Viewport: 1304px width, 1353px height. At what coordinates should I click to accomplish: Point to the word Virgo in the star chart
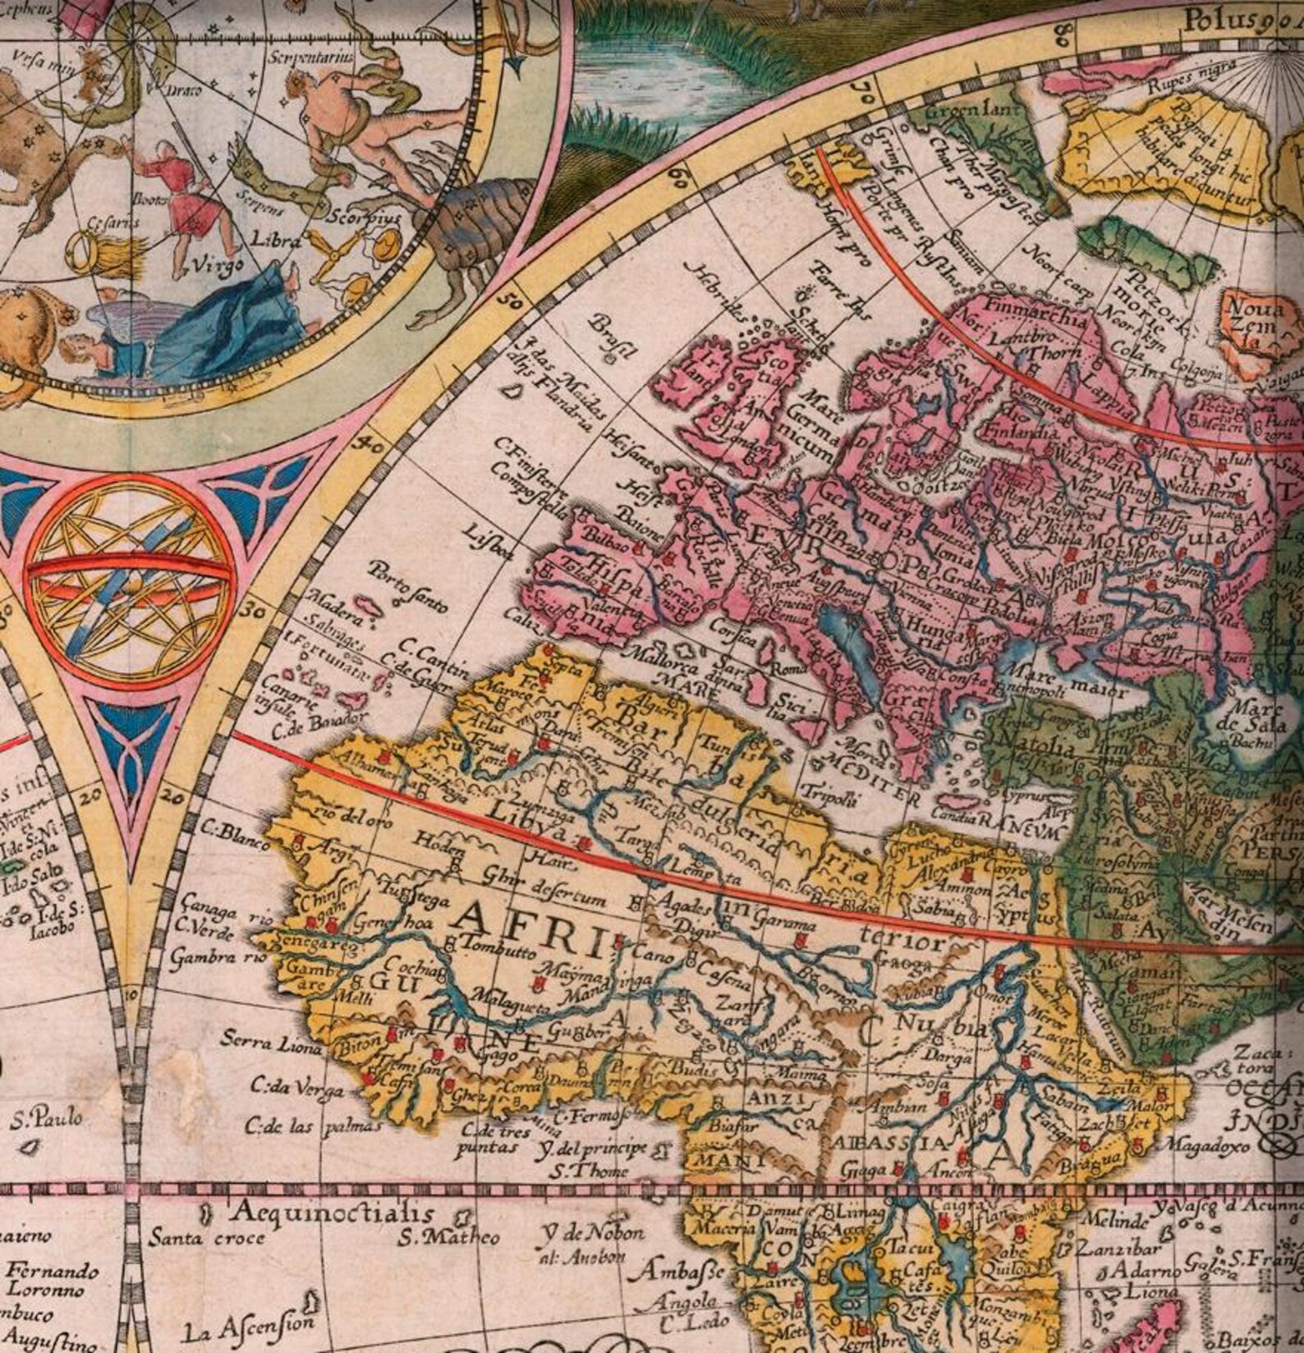point(218,264)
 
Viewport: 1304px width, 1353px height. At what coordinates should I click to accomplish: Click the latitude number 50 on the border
point(512,302)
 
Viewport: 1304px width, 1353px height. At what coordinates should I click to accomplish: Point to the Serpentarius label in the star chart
point(311,58)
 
